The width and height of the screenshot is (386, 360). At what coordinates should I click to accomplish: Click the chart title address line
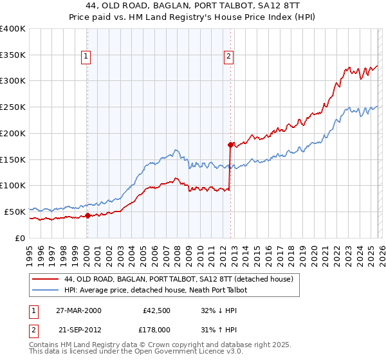(192, 6)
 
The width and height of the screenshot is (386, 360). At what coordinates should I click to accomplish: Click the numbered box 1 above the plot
(87, 57)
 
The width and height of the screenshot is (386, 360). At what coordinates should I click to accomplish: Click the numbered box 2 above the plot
(229, 57)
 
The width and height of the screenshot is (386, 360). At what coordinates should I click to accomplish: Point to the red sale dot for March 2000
(88, 215)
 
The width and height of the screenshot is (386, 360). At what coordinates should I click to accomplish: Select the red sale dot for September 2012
(230, 145)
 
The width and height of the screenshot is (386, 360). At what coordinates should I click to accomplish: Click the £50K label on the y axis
(15, 212)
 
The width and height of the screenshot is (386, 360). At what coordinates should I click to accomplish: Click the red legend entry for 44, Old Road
(179, 279)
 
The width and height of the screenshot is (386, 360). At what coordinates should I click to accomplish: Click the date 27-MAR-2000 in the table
(79, 310)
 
